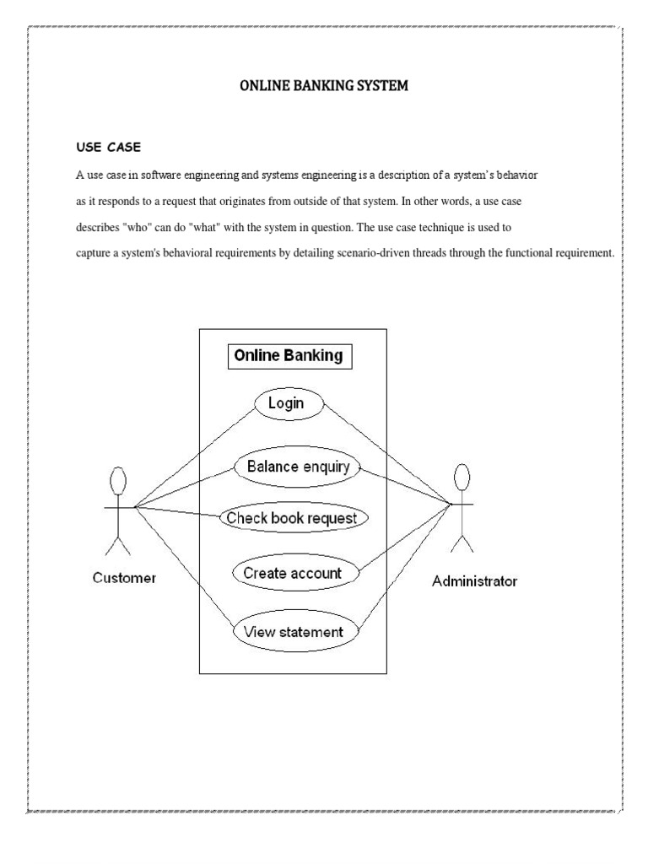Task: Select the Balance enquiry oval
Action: point(292,467)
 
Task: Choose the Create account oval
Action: point(293,573)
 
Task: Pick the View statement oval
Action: point(293,631)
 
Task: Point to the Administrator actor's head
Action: point(462,477)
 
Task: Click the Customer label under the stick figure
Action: point(124,578)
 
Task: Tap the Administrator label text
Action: point(474,580)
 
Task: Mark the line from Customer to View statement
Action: point(186,569)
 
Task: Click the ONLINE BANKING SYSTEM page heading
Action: point(324,86)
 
